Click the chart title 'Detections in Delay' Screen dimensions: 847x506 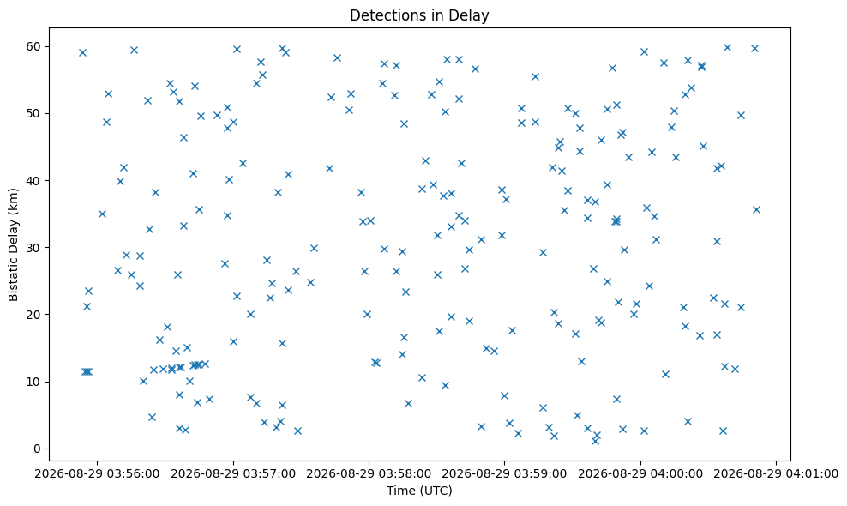419,15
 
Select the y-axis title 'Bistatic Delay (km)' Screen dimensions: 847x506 13,244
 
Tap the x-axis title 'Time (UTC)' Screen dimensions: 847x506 419,491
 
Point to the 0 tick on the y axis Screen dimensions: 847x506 38,449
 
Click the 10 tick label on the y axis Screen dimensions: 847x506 34,382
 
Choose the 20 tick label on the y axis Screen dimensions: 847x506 34,315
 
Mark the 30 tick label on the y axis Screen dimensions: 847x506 34,248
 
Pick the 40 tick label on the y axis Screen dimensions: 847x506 34,181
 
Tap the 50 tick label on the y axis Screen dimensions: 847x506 34,113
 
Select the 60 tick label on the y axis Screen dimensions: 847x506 34,46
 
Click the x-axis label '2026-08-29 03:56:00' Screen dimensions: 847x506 98,474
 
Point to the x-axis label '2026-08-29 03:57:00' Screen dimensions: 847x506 233,474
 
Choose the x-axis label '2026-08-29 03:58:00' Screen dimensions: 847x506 369,474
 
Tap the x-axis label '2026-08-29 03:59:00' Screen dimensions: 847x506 505,474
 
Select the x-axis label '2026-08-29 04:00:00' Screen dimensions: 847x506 640,474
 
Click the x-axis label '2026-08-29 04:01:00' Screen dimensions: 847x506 776,474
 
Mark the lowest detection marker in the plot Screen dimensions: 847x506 595,441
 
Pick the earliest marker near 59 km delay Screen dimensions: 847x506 82,52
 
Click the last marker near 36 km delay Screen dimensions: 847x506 756,210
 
